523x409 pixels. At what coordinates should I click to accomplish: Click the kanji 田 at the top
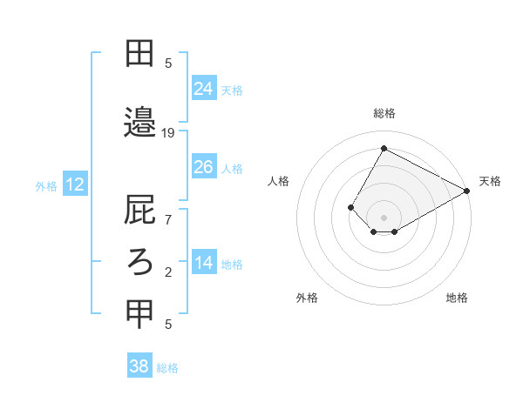click(x=139, y=55)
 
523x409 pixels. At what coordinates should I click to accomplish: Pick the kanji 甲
click(x=139, y=314)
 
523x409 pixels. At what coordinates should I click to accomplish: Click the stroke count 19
click(x=168, y=133)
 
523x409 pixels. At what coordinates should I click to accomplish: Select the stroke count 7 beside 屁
click(x=168, y=219)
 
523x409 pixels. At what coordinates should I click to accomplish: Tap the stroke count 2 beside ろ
click(x=168, y=272)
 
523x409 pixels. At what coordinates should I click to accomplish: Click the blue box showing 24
click(x=204, y=88)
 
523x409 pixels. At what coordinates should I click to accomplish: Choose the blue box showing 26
click(x=204, y=167)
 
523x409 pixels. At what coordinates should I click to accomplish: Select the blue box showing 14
click(x=204, y=263)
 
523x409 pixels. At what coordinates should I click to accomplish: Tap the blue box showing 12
click(x=75, y=184)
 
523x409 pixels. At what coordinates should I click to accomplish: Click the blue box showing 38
click(x=139, y=366)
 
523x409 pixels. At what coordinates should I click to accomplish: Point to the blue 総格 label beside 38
click(x=167, y=368)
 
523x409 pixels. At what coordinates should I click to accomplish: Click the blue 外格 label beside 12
click(x=46, y=185)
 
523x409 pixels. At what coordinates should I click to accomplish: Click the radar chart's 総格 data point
click(x=384, y=148)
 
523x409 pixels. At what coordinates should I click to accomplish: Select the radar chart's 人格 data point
click(x=350, y=207)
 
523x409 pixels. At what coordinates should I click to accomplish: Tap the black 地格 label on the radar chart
click(x=457, y=298)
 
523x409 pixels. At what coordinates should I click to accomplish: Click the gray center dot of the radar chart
click(x=384, y=217)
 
